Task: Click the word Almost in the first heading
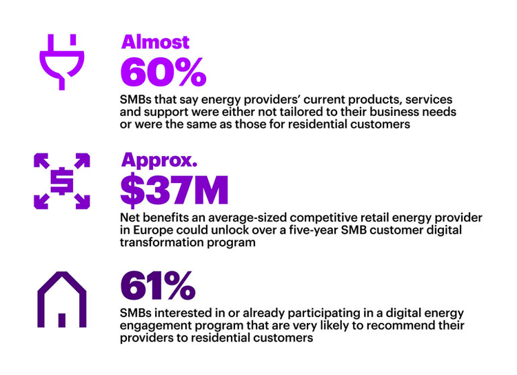(x=155, y=42)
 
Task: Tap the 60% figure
(x=163, y=72)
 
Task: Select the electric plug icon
(x=61, y=61)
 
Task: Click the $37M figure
(x=174, y=191)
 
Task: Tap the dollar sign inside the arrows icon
(x=61, y=180)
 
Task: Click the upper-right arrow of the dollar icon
(x=81, y=161)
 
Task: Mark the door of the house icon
(x=61, y=320)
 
